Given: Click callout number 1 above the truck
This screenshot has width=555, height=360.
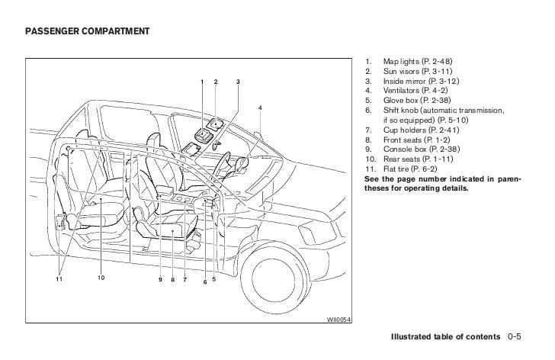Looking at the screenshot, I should coord(202,82).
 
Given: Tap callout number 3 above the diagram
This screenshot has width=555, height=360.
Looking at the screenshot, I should coord(238,82).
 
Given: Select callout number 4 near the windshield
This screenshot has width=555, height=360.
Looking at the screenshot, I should coord(261,107).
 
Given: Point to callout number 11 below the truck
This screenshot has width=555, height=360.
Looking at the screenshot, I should coord(59,278).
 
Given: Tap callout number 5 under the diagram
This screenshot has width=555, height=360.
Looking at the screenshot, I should coord(214,278).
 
